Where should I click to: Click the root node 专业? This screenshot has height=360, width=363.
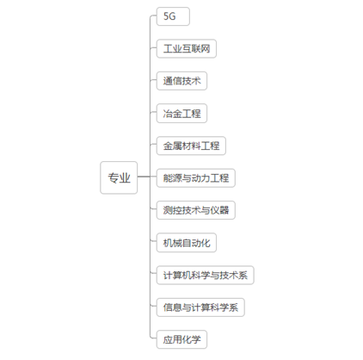[x=119, y=177]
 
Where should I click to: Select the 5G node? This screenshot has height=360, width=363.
[x=173, y=16]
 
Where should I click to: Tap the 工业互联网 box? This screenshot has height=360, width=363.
[x=187, y=48]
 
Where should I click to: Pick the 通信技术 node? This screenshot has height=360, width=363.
[x=181, y=81]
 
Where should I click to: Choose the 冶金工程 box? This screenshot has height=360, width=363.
[x=181, y=114]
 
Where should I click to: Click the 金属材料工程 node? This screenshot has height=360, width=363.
[x=191, y=146]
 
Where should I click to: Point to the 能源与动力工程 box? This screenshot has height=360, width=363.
[x=196, y=178]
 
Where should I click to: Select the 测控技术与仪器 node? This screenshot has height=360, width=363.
[x=196, y=210]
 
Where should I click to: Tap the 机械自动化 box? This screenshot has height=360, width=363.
[x=187, y=243]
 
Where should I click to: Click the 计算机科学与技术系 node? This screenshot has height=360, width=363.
[x=206, y=275]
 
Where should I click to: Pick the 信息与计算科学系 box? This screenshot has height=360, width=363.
[x=200, y=307]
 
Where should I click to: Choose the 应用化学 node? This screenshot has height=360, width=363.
[x=181, y=339]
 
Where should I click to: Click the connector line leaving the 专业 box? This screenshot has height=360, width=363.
[x=144, y=177]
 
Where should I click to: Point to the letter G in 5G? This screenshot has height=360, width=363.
[x=172, y=16]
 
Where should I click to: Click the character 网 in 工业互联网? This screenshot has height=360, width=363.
[x=206, y=48]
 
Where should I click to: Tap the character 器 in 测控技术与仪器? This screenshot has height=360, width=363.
[x=225, y=210]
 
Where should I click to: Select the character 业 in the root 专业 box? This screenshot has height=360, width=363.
[x=125, y=177]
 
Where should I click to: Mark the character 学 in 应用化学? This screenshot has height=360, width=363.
[x=196, y=339]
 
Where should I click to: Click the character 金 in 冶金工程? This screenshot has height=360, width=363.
[x=177, y=114]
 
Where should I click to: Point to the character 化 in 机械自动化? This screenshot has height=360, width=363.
[x=206, y=243]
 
